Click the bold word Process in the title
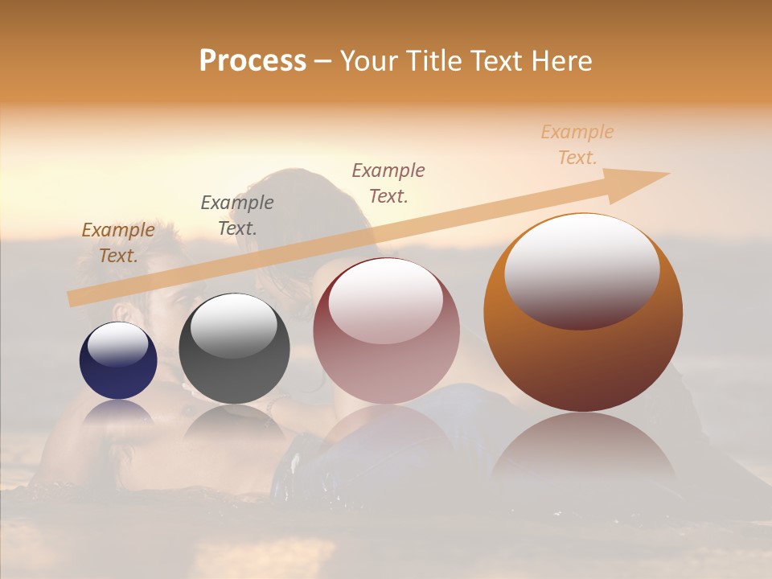click(x=253, y=61)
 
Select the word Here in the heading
click(x=560, y=61)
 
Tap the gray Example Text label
click(x=237, y=215)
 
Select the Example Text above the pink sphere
click(x=388, y=183)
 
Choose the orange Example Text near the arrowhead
click(x=577, y=145)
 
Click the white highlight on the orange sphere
click(x=581, y=269)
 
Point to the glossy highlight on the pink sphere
click(x=385, y=299)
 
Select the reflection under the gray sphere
click(x=234, y=426)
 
